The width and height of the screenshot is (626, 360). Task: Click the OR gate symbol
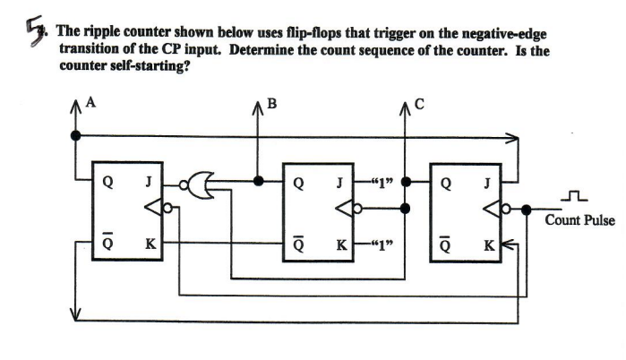click(198, 182)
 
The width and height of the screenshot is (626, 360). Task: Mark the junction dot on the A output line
click(75, 136)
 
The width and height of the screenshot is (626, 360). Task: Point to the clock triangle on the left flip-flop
click(156, 210)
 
